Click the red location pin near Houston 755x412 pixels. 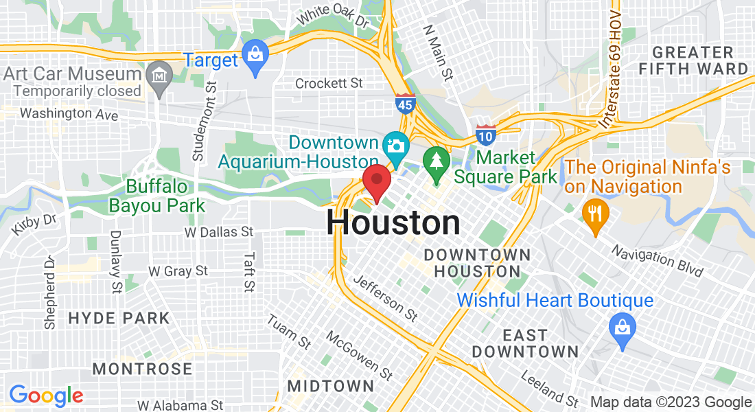(377, 181)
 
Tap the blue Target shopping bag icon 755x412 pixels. (255, 58)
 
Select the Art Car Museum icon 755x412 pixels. (159, 74)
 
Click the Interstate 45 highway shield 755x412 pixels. (405, 105)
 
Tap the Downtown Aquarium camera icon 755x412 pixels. (395, 146)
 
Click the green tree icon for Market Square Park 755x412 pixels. (436, 163)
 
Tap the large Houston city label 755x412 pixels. (393, 223)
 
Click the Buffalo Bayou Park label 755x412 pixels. (157, 196)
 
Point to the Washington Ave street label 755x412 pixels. (69, 114)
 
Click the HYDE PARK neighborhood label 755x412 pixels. (119, 318)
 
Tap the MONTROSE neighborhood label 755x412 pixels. (142, 369)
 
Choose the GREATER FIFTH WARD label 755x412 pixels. (693, 60)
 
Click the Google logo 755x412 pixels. (46, 396)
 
